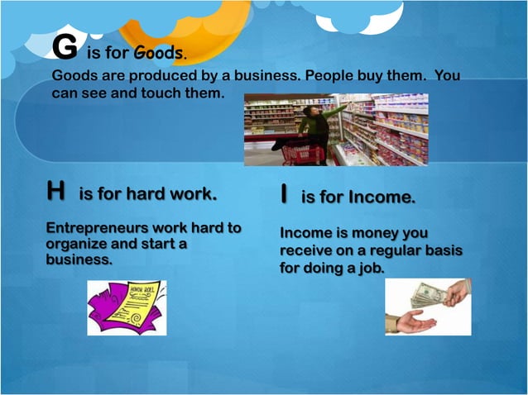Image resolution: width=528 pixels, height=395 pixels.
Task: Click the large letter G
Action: point(64,50)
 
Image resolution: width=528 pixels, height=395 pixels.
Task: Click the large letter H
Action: point(56,192)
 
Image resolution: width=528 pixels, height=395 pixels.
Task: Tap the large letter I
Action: point(284,195)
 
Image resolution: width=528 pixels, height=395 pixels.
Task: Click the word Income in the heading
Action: point(381,197)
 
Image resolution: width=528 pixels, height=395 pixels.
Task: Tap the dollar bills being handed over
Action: point(430,293)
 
